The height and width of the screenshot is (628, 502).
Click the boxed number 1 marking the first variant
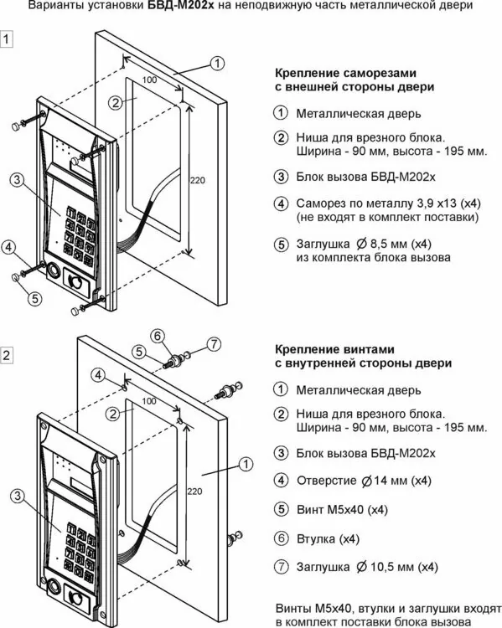click(7, 39)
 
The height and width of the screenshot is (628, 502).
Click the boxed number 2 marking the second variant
click(7, 355)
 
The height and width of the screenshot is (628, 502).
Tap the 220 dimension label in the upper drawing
click(197, 180)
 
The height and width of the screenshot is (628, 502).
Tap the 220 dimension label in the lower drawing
click(194, 492)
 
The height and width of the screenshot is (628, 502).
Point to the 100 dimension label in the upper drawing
click(149, 80)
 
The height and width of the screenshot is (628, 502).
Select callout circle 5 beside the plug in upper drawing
click(35, 298)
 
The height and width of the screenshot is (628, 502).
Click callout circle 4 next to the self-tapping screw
click(9, 247)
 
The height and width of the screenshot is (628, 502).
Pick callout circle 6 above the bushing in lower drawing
click(158, 336)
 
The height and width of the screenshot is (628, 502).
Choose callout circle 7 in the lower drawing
click(214, 343)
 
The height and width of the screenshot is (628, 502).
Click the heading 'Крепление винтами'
click(334, 349)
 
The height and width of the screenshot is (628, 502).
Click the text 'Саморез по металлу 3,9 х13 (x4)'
click(389, 203)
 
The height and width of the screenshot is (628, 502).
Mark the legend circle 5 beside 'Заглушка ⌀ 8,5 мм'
click(281, 245)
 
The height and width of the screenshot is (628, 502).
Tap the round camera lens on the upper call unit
click(53, 271)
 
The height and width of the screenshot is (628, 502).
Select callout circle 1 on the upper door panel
click(217, 64)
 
